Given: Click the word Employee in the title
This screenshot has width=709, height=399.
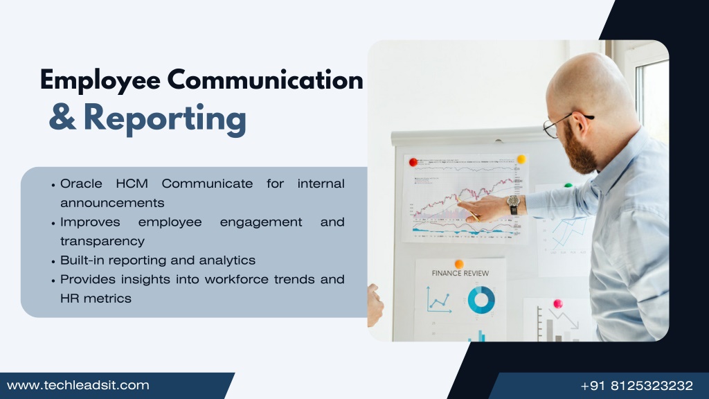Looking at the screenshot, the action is coord(100,80).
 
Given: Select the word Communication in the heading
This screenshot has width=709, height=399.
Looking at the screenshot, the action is coord(265,80).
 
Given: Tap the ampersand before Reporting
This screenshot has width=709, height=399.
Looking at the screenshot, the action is coord(62,116).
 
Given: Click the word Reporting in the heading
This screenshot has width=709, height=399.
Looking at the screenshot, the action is coord(165,119).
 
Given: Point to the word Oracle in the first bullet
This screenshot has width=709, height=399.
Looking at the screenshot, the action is coord(81,184).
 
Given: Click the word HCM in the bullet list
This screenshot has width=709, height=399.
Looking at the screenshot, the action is coord(132,184).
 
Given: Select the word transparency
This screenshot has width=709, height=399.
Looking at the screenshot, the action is coord(102,241).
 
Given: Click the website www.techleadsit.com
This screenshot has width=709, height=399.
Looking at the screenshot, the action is coord(78,385).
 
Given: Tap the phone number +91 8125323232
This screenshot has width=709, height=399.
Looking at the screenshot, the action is coord(637,385).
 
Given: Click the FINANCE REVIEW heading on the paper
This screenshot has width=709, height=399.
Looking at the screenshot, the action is coord(460,273).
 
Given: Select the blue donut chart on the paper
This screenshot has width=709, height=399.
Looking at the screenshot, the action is coord(481,299).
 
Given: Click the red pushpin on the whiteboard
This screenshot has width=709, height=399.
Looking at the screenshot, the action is coord(413,162).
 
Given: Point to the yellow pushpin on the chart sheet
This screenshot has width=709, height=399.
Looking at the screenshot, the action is coord(521,159).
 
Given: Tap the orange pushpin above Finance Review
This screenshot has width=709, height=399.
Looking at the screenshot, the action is coord(459,264).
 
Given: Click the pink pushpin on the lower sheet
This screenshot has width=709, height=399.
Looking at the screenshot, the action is coord(558,303).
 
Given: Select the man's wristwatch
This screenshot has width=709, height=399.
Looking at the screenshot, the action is coord(513,204).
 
